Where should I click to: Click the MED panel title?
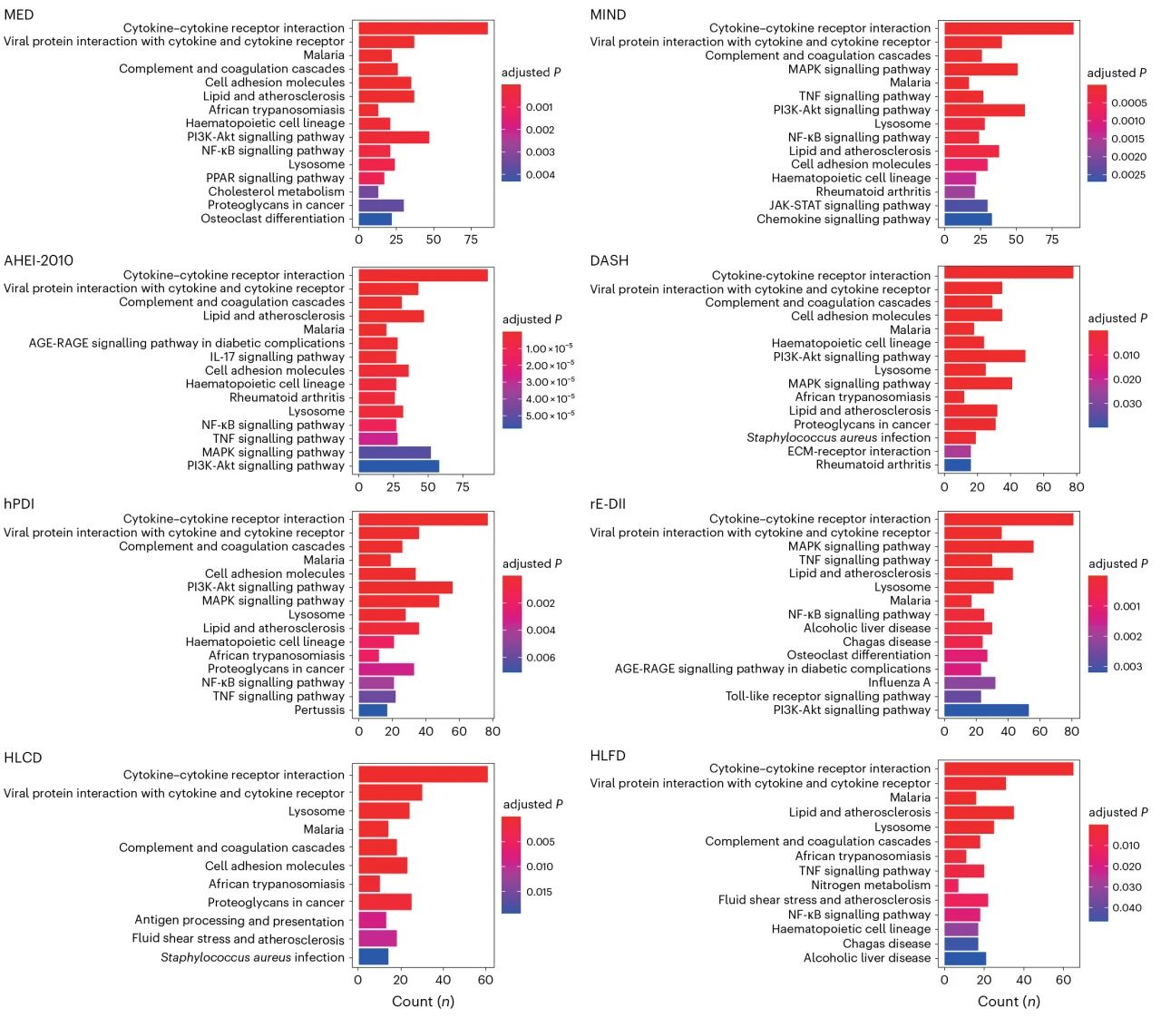(18, 15)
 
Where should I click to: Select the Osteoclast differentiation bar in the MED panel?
(375, 219)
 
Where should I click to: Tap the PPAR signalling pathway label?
(275, 178)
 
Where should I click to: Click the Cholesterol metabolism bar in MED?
(368, 191)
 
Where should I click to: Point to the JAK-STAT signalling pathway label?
(850, 205)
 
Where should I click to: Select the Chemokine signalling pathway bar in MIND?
(968, 219)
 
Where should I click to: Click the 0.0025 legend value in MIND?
(1128, 174)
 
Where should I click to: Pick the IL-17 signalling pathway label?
(278, 357)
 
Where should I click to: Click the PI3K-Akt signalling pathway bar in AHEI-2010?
(398, 465)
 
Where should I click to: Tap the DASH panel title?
(609, 260)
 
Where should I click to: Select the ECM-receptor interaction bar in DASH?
(957, 451)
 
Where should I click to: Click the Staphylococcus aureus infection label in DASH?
(838, 437)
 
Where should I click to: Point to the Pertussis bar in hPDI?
(373, 710)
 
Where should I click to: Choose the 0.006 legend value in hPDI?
(541, 657)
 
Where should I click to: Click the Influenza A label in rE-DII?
(899, 682)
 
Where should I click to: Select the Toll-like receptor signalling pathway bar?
(962, 696)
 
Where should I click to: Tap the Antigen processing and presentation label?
(239, 920)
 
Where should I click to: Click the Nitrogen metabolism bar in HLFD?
(951, 885)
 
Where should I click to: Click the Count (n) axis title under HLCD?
(423, 1001)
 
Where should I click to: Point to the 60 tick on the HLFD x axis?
(1063, 980)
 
